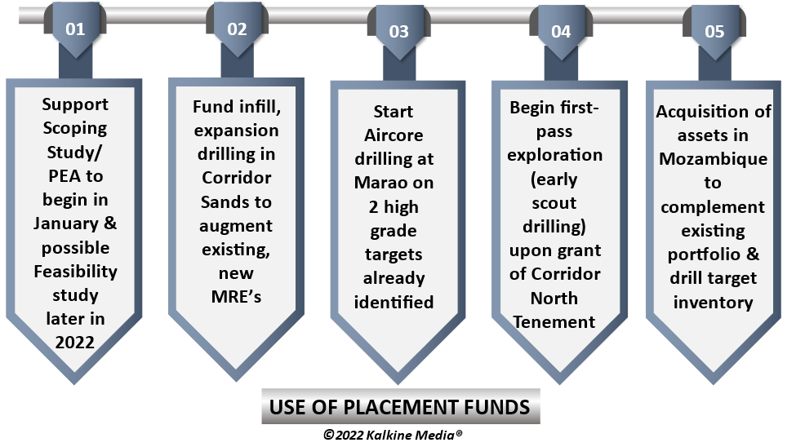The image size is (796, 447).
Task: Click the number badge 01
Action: point(75,29)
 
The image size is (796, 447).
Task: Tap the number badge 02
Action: point(237,29)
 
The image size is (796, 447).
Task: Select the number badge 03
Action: point(399,32)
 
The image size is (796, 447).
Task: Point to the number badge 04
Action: point(561,32)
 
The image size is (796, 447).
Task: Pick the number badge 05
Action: point(714,32)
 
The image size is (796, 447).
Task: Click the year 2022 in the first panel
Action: point(74,343)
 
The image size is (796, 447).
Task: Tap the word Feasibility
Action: point(76,272)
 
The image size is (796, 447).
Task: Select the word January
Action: point(66,223)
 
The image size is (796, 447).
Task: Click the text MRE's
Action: point(236,296)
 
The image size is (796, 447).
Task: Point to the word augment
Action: point(236,226)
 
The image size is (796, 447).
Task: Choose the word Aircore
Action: point(394,135)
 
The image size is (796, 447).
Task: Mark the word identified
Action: point(394,303)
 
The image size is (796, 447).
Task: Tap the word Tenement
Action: point(554,322)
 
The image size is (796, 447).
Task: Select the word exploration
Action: point(555,156)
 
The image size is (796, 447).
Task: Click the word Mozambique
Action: point(714,159)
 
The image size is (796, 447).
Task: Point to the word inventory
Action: point(714,303)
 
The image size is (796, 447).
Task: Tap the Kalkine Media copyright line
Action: point(393,435)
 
